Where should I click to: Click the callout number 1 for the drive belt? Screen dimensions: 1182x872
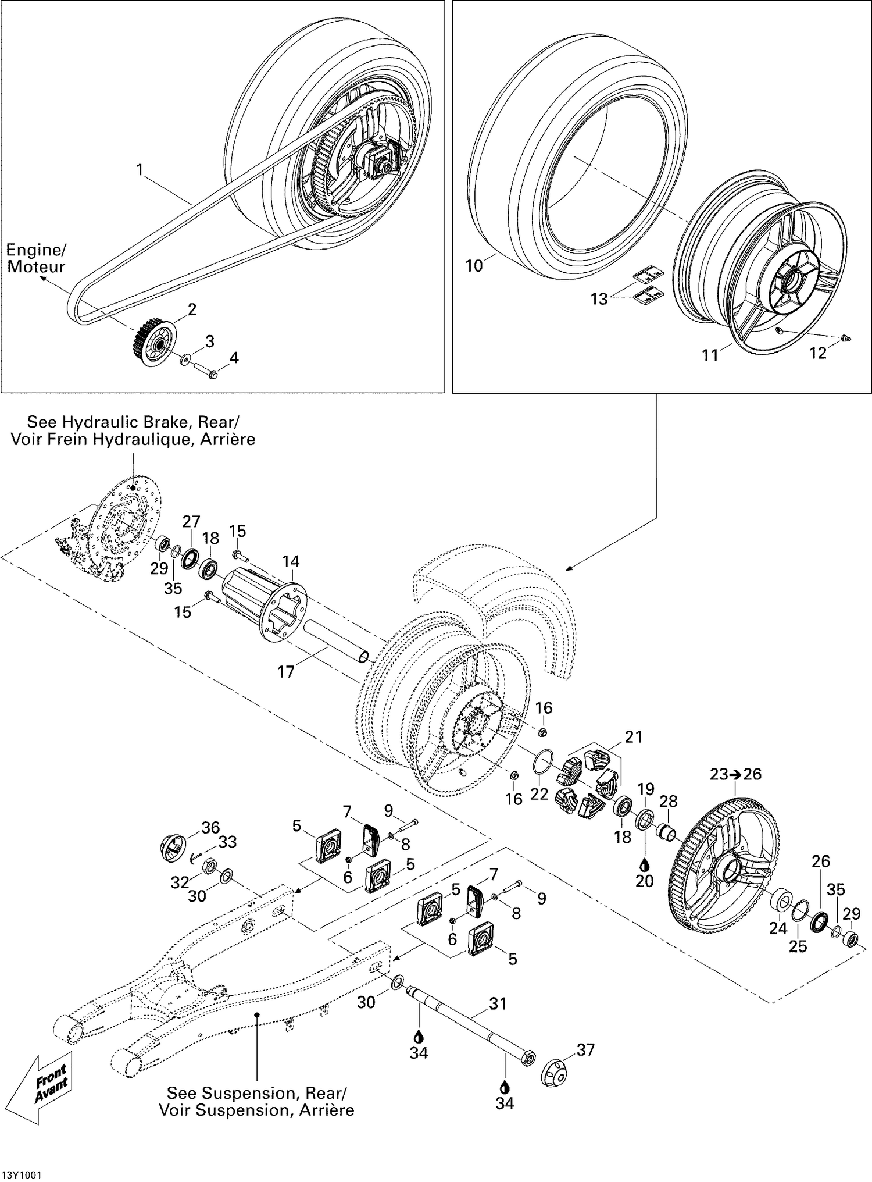(x=139, y=169)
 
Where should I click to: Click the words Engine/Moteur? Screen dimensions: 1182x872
(x=36, y=258)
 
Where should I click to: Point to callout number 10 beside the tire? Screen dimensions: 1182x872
(x=474, y=266)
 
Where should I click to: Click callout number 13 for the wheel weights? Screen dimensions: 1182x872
(x=599, y=299)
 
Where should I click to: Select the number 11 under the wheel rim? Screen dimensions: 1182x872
(x=710, y=355)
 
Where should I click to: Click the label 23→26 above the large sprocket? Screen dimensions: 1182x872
(x=735, y=774)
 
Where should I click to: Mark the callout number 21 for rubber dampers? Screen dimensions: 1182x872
(x=633, y=737)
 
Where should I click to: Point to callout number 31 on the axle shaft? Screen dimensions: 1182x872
(x=498, y=1003)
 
